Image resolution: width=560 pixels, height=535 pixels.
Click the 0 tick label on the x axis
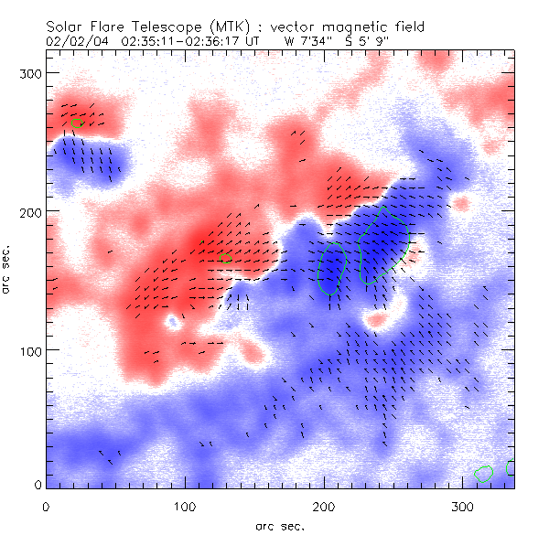pos(46,506)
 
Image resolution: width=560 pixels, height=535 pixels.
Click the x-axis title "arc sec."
pos(280,525)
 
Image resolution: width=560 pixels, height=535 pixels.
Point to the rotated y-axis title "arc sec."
pos(8,272)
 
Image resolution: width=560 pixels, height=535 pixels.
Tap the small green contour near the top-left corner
pos(77,123)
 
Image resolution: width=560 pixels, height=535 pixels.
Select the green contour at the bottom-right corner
pos(484,472)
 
